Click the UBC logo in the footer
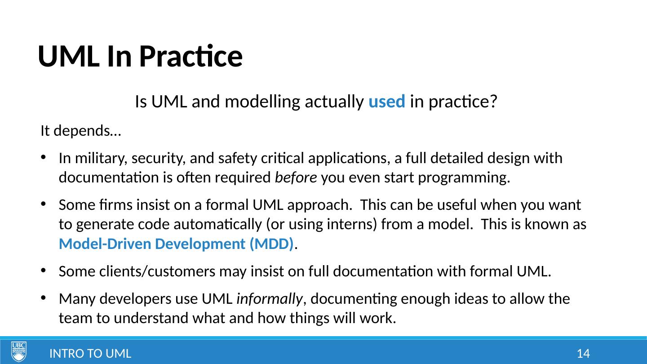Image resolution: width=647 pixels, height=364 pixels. tap(19, 351)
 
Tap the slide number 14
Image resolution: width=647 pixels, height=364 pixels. tap(583, 354)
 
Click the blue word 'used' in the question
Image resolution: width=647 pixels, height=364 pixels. tap(387, 102)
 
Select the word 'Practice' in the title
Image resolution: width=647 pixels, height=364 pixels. tap(191, 56)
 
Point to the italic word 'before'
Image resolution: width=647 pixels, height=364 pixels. tap(296, 177)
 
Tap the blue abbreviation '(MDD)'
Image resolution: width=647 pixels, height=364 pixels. tap(271, 244)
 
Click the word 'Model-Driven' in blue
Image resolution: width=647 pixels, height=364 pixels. tap(105, 244)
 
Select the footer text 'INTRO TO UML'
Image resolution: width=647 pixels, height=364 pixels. tap(90, 354)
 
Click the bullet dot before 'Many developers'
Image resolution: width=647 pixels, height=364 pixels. tap(43, 297)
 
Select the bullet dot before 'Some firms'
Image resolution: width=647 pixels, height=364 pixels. tap(43, 204)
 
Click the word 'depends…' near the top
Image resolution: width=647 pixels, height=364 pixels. tap(87, 131)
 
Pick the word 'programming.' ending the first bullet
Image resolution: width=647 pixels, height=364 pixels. tap(464, 178)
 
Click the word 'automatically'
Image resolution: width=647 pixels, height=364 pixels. tap(217, 225)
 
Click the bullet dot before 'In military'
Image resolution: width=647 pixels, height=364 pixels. tap(43, 157)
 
